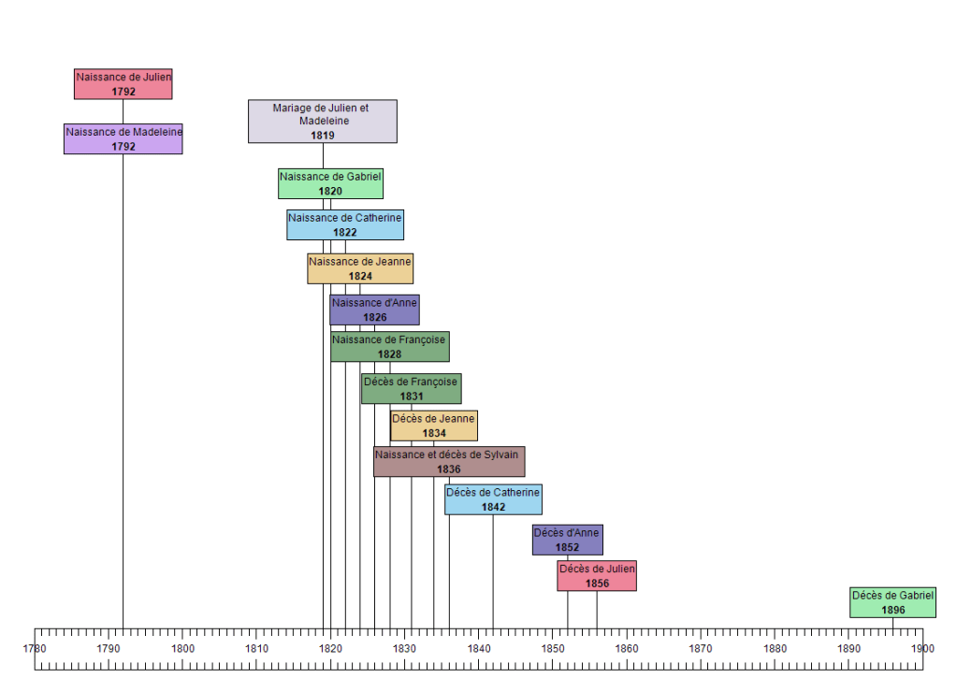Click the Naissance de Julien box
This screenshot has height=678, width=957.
[123, 84]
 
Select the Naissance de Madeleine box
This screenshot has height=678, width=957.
[123, 138]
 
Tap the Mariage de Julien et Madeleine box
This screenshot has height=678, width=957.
[323, 121]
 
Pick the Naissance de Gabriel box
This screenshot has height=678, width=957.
[330, 183]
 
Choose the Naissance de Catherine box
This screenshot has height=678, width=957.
[345, 224]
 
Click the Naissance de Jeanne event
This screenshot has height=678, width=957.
[360, 268]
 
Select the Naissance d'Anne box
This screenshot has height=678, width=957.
[374, 310]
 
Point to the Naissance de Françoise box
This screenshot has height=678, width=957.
[389, 346]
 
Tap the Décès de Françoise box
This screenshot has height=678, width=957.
[411, 388]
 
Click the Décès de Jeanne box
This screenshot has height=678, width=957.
[433, 426]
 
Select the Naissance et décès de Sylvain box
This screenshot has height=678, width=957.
[449, 462]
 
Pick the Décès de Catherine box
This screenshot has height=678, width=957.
[493, 499]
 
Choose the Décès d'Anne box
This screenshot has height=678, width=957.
[567, 540]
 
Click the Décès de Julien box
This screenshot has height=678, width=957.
[597, 576]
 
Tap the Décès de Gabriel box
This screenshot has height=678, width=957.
[892, 602]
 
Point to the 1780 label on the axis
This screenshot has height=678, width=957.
[35, 648]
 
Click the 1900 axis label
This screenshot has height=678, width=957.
[922, 648]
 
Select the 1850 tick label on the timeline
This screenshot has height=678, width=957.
[553, 648]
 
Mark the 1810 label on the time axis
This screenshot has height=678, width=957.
[256, 648]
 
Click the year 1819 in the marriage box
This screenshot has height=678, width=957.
[323, 135]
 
